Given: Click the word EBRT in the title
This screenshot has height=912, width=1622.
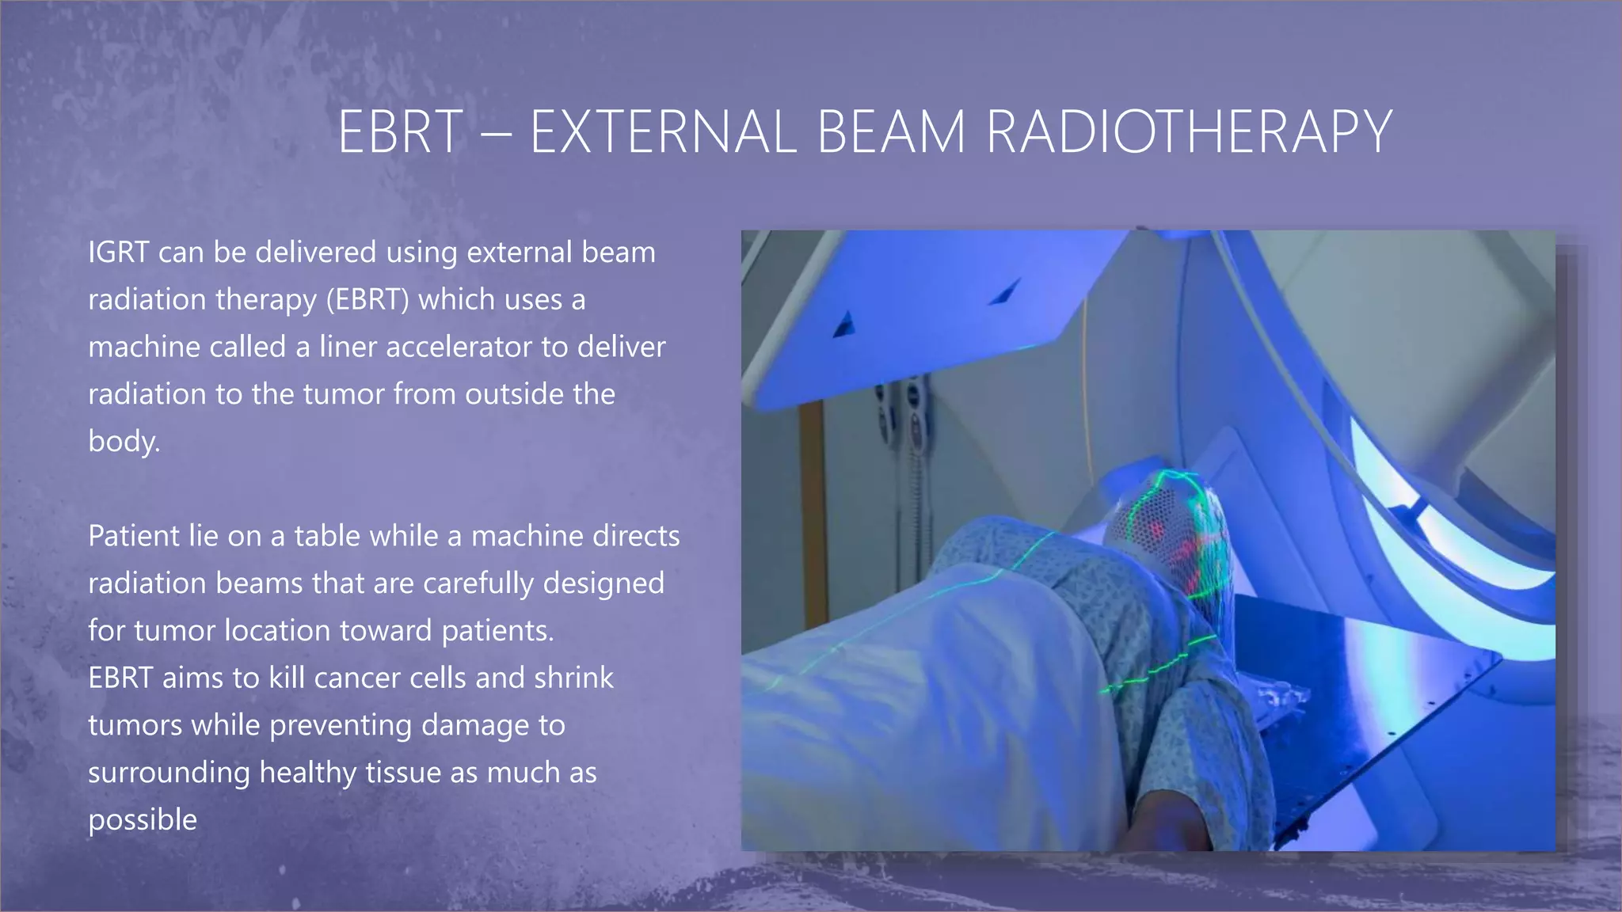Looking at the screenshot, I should (400, 132).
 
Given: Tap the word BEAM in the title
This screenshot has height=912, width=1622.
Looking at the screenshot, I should (891, 132).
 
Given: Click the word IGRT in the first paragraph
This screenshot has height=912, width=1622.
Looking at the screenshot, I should (118, 253).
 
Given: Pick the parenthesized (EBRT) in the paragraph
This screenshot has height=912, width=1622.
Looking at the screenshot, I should (367, 300).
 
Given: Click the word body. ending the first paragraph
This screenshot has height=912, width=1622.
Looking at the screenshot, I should (124, 442).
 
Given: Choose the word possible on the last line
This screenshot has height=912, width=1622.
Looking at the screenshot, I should (143, 820).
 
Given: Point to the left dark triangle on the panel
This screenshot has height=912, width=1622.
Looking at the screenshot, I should (845, 324).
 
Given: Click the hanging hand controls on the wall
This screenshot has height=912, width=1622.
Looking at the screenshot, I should (899, 420).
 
